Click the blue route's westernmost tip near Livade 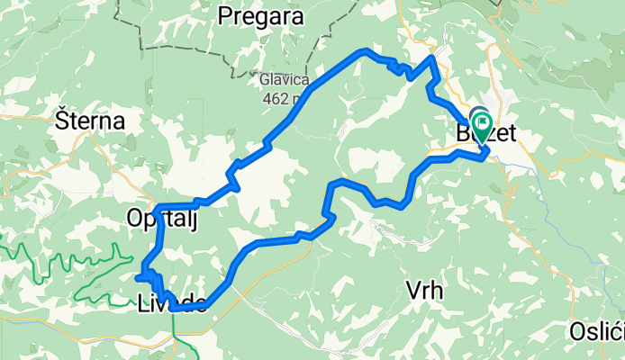coord(138,278)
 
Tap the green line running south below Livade coord(176,333)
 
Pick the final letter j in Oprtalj coord(194,221)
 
